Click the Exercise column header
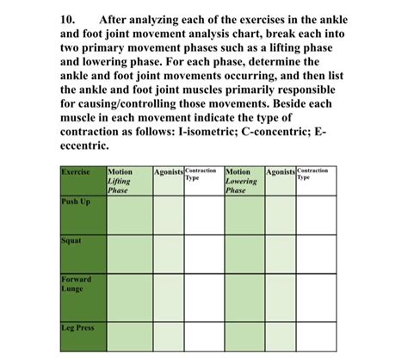[x=76, y=172]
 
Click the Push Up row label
[x=76, y=202]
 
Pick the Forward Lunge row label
[x=76, y=285]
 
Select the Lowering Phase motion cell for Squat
[x=244, y=258]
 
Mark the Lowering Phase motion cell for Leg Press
[x=244, y=339]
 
